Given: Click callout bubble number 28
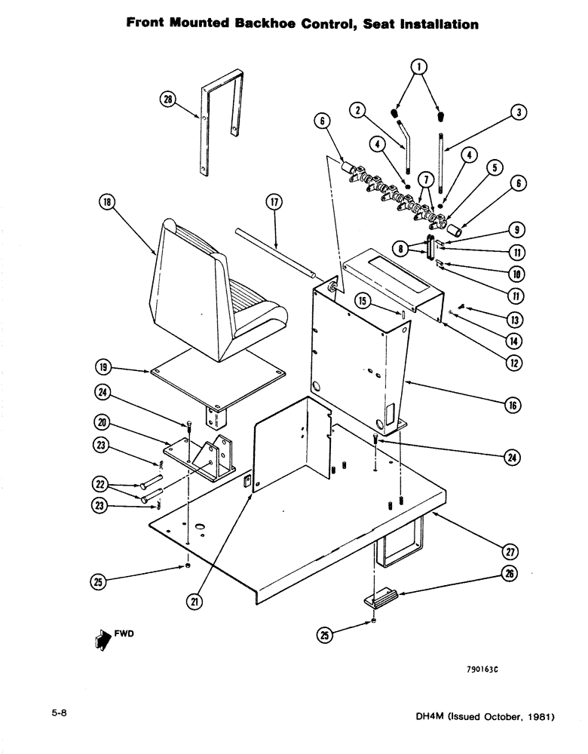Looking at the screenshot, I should coord(167,98).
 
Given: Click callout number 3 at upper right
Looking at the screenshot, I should coord(519,112).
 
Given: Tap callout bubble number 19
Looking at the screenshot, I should coord(102,369).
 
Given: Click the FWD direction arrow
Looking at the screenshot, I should coord(98,639).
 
